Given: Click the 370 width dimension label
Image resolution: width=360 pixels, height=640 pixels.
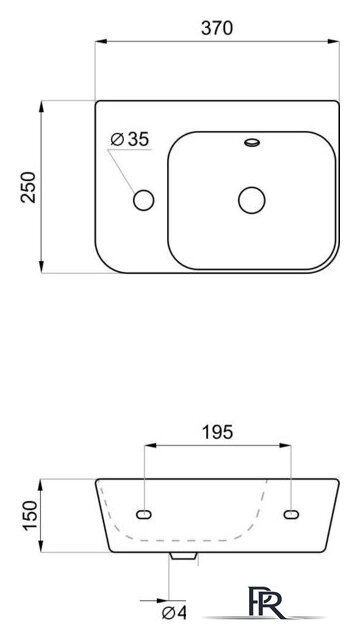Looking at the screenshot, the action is coord(217,28).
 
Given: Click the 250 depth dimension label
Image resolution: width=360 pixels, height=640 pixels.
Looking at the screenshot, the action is coord(29,187).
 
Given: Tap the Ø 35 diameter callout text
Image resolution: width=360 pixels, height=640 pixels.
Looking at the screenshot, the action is coord(130,140).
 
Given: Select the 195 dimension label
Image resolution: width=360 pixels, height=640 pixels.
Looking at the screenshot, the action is coord(218,432).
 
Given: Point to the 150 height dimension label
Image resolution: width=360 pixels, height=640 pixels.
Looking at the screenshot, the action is coord(30,515).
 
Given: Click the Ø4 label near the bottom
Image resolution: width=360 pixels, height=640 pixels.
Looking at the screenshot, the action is coord(174,613).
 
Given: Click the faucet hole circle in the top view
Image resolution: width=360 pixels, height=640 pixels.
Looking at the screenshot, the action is coord(144,200).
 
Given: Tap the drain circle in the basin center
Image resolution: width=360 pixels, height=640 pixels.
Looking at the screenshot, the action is coord(252,200).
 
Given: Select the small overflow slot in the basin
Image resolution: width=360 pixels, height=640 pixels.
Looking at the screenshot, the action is coord(252,142).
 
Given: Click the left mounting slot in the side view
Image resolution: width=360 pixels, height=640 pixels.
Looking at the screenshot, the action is coord(144,515).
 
